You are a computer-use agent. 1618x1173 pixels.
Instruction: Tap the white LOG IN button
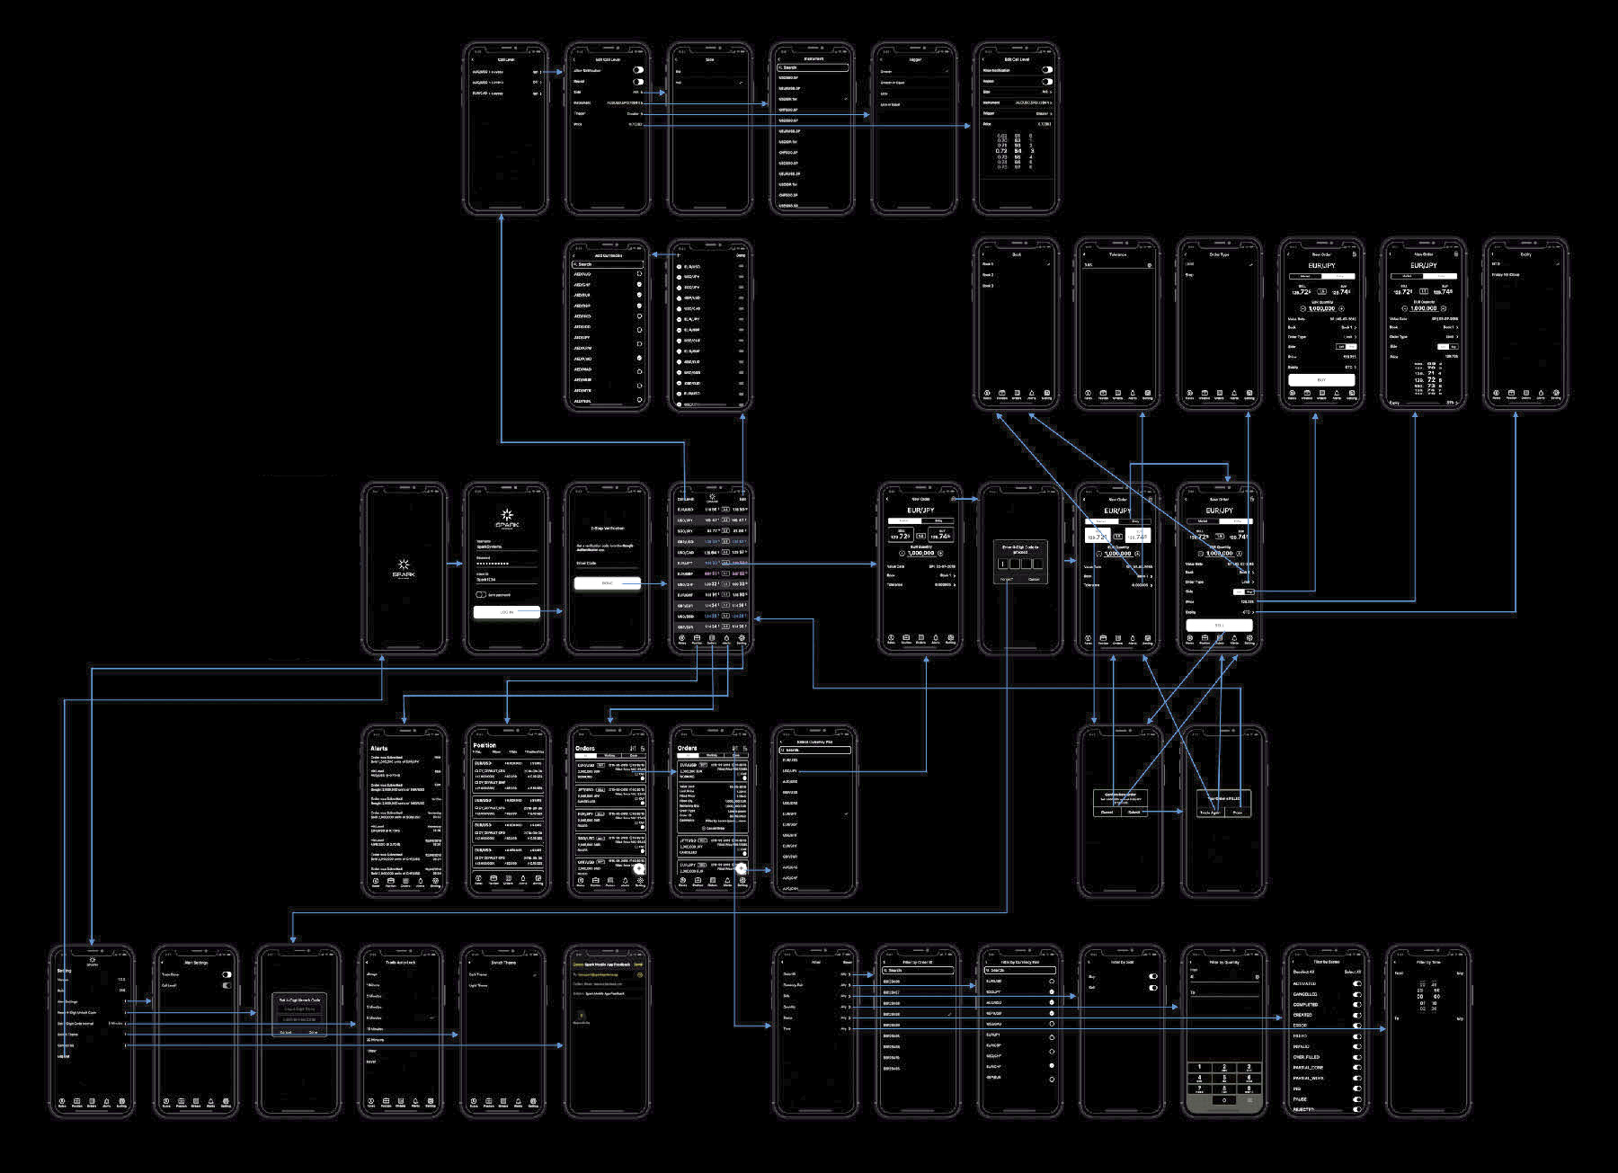tap(506, 612)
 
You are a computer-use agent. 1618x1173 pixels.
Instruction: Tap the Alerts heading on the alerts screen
tap(379, 748)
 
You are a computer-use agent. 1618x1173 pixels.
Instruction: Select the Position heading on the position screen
tap(485, 745)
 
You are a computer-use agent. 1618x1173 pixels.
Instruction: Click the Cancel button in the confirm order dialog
tap(1107, 812)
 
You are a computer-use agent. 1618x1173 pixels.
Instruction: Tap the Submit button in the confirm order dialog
tap(1133, 812)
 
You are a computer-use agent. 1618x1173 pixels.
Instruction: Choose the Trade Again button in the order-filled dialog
tap(1210, 812)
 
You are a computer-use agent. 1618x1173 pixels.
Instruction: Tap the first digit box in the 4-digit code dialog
tap(1002, 564)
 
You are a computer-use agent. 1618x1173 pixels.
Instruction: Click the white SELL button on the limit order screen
tap(1219, 625)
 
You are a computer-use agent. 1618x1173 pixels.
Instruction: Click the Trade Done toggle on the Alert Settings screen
tap(227, 974)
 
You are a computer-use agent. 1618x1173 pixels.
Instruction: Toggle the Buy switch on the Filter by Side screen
tap(1153, 976)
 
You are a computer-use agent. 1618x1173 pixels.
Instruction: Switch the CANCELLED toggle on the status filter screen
tap(1356, 994)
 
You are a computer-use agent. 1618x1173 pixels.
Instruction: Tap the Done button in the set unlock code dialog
tap(313, 1032)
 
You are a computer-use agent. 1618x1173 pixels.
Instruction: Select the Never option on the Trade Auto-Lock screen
tap(371, 1062)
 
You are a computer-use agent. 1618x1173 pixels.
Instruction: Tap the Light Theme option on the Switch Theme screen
tap(478, 986)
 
